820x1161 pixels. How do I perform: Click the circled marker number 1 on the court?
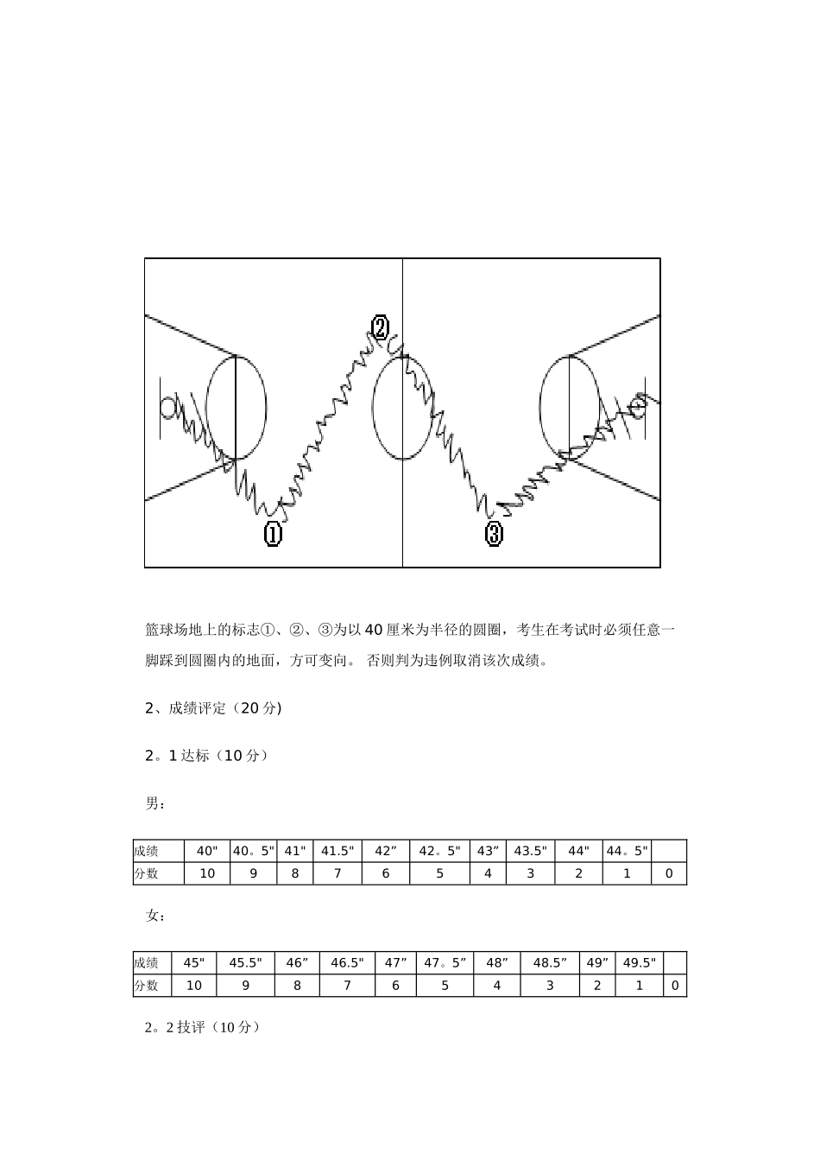273,534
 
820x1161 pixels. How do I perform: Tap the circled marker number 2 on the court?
380,328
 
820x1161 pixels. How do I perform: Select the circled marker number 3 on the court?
494,534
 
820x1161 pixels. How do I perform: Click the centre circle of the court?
402,407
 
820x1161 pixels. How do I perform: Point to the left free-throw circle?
236,407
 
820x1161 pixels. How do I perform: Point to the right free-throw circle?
569,407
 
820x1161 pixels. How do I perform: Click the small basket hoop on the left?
169,405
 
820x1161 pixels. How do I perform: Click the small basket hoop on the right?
639,403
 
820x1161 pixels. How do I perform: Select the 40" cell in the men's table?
207,851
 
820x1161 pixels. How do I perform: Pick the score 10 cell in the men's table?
207,873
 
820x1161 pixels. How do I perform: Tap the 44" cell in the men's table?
578,851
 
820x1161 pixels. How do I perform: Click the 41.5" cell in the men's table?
337,851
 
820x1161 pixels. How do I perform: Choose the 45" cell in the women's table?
194,963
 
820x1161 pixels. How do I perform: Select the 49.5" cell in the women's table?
639,963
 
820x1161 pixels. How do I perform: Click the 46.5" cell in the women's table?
347,963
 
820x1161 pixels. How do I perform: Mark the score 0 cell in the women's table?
675,986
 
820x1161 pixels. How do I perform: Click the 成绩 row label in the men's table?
147,851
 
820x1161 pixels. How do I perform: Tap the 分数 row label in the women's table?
147,986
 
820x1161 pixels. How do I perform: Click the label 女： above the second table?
155,916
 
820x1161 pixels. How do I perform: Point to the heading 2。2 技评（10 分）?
202,1028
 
